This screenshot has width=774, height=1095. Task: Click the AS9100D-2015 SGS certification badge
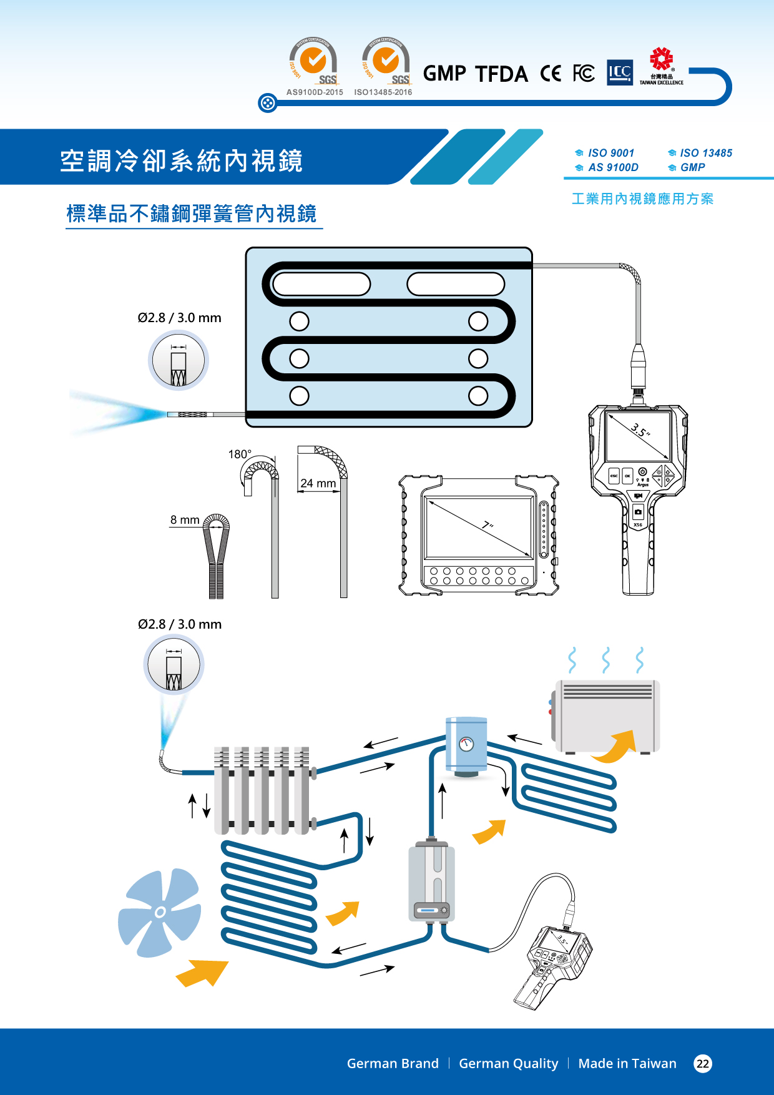(x=315, y=62)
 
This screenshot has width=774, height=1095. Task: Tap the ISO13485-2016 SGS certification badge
(x=385, y=62)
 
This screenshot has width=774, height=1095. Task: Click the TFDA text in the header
(x=501, y=74)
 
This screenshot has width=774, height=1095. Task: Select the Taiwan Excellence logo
(x=661, y=66)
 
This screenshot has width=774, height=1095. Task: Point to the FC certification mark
(x=584, y=74)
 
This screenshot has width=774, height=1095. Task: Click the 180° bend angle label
(x=240, y=454)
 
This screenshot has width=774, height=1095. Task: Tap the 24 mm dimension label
(x=318, y=483)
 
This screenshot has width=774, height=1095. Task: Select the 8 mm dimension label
(x=185, y=520)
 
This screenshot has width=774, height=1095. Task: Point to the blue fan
(x=160, y=912)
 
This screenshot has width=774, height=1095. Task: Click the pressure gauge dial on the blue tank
(x=466, y=744)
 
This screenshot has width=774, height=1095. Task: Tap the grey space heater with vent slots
(x=607, y=716)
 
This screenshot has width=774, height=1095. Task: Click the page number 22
(x=703, y=1064)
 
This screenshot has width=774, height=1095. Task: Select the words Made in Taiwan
(x=627, y=1064)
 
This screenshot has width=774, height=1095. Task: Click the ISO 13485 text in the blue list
(x=705, y=153)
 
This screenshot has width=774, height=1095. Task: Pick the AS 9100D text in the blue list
(x=613, y=167)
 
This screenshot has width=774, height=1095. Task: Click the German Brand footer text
(x=393, y=1064)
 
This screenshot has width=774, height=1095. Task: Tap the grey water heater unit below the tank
(x=431, y=881)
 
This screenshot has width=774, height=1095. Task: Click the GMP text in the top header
(x=444, y=74)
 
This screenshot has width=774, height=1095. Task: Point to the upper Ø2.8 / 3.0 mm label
(x=180, y=318)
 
